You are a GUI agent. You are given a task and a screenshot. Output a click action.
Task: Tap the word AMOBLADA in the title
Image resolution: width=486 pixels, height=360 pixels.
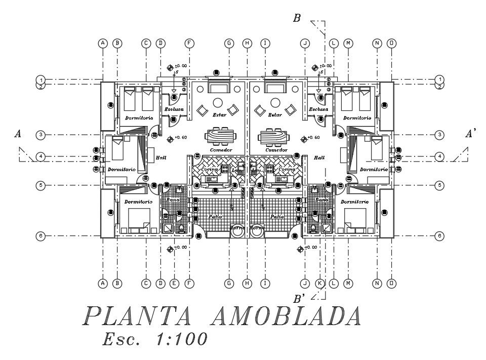tap(286, 317)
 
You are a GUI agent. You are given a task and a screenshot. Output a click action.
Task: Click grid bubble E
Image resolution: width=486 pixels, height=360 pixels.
tap(174, 284)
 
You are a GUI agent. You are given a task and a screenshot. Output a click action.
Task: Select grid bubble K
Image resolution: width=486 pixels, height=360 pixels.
tap(319, 284)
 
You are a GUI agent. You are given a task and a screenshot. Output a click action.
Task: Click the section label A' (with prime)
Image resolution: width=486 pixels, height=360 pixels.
tap(471, 134)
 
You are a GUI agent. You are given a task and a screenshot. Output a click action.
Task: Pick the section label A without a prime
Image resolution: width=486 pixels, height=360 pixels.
tap(18, 134)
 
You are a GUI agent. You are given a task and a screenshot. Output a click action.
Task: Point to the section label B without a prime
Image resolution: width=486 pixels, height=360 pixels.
tap(297, 19)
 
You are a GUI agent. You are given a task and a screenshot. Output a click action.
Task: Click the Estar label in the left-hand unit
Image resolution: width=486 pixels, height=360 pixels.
tap(219, 115)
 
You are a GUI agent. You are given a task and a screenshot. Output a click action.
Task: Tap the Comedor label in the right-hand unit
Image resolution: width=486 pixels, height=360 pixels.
tap(276, 150)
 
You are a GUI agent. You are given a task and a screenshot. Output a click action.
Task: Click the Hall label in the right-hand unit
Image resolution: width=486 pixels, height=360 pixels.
tap(319, 158)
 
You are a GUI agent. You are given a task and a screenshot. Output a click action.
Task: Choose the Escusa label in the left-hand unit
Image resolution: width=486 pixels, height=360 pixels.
tap(174, 109)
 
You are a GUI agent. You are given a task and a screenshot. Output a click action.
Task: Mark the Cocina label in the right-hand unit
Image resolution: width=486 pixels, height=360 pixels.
tap(287, 170)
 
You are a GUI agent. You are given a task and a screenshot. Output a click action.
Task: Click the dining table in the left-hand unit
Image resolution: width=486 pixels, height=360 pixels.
tap(220, 137)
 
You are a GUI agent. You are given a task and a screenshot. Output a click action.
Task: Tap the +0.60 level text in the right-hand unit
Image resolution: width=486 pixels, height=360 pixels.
tap(314, 138)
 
